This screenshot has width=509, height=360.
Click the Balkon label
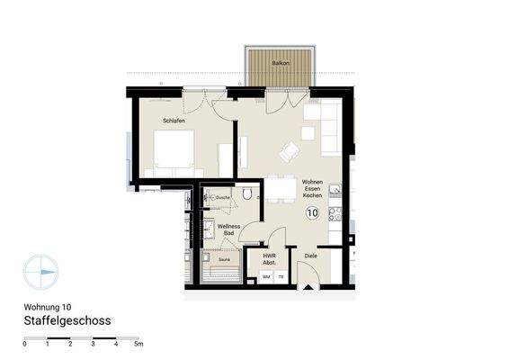(x=279, y=53)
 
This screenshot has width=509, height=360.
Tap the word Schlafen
(x=174, y=120)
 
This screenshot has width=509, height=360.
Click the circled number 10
(x=312, y=213)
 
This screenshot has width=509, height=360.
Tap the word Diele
(x=310, y=256)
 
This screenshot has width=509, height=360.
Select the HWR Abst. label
(x=269, y=259)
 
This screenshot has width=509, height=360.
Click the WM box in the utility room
(x=266, y=277)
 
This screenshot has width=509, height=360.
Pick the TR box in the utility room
(x=281, y=277)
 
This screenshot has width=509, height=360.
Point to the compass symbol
(x=41, y=271)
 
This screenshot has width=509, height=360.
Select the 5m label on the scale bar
(x=138, y=345)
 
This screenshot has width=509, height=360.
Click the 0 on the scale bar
(x=24, y=345)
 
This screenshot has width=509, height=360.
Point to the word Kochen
(x=312, y=196)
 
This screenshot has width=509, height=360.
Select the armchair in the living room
(x=289, y=152)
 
